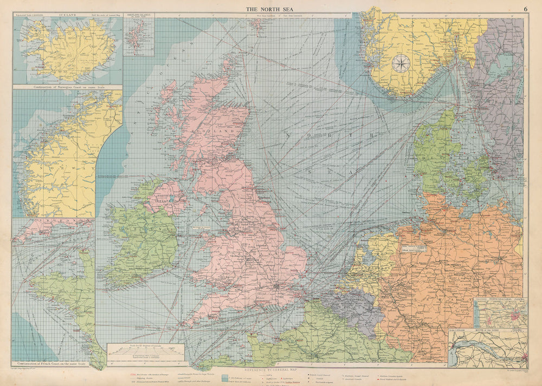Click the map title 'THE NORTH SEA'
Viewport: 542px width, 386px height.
pyautogui.click(x=271, y=9)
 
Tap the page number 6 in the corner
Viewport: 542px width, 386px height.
pyautogui.click(x=525, y=9)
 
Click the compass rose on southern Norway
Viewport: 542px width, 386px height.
pyautogui.click(x=401, y=64)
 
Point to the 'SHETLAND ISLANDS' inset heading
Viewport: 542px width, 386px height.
pyautogui.click(x=139, y=16)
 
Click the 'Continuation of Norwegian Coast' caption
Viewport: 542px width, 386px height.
pyautogui.click(x=67, y=87)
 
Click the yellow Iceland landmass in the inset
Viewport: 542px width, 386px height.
pyautogui.click(x=68, y=49)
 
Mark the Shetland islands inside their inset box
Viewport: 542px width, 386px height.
pyautogui.click(x=133, y=35)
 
